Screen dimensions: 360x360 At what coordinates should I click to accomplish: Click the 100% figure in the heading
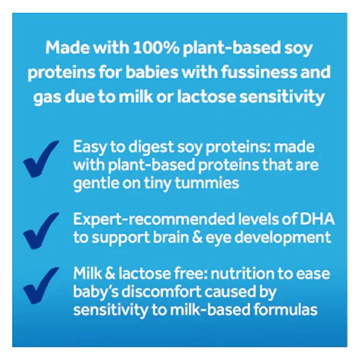156,48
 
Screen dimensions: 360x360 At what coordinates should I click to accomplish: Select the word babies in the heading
151,71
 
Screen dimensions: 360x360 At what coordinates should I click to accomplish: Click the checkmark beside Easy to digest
41,159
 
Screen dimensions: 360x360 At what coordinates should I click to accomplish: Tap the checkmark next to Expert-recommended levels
41,231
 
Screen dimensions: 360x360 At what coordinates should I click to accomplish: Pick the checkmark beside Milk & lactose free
41,285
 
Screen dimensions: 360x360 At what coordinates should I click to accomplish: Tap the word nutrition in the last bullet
242,274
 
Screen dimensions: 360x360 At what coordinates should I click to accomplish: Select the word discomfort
161,292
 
